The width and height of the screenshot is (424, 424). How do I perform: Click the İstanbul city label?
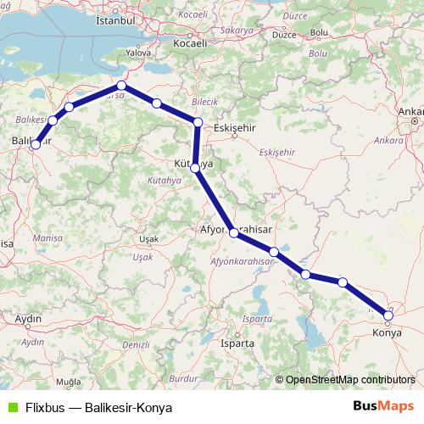pos(116,19)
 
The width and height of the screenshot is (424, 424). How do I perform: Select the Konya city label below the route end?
pos(388,333)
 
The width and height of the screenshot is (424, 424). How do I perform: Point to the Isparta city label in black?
pos(237,343)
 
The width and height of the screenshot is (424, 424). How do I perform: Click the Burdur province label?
pos(183,378)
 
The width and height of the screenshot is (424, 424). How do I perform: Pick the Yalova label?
pos(137,51)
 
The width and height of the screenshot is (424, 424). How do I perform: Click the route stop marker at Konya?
pos(388,317)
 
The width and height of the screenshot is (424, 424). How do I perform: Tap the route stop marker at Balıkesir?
pos(36,145)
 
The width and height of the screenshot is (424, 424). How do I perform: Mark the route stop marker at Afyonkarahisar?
pos(232,231)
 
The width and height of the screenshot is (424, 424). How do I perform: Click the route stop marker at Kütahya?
pos(196,168)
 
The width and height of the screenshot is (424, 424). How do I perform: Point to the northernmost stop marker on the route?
pos(121,86)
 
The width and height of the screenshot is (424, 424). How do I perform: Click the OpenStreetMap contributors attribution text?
pos(349,381)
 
